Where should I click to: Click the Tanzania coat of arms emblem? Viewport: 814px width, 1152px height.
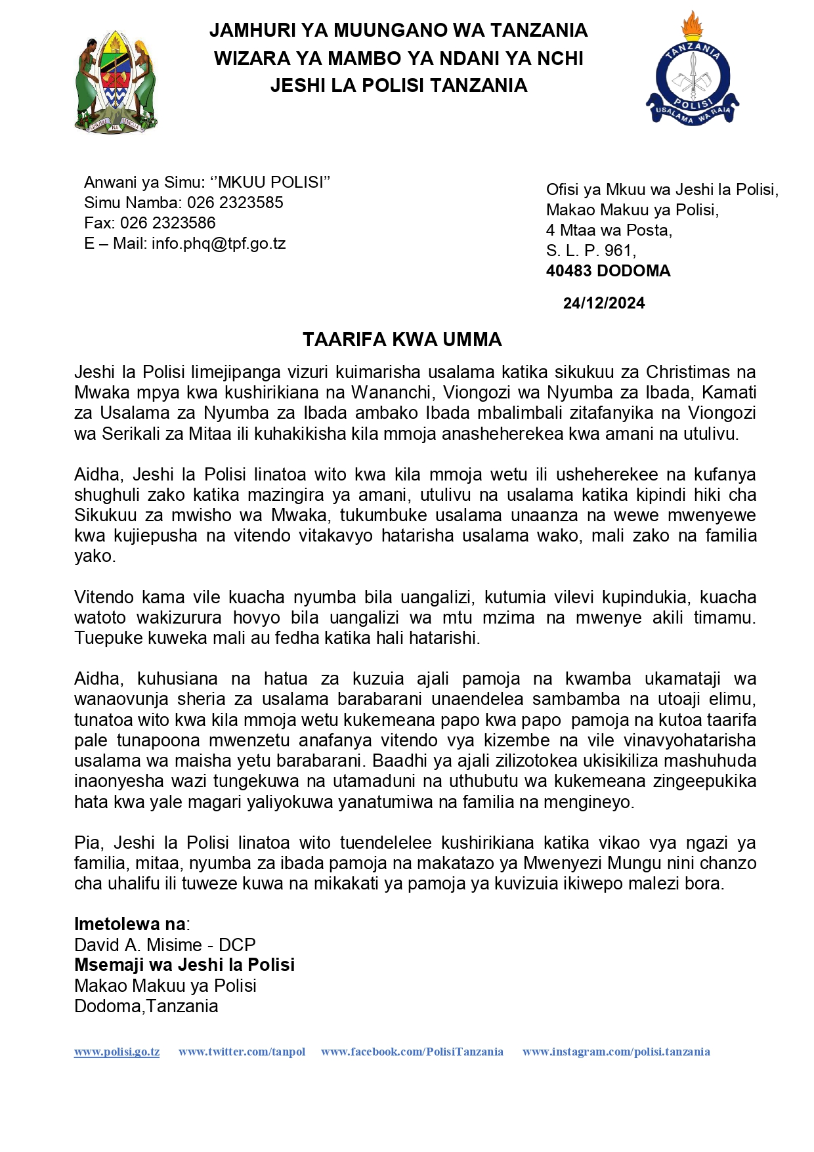pyautogui.click(x=116, y=81)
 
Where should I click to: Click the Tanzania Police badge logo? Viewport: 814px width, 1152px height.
pyautogui.click(x=693, y=72)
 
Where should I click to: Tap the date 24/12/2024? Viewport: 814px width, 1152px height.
pyautogui.click(x=603, y=303)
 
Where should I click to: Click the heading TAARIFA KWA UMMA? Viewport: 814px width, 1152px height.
pyautogui.click(x=402, y=339)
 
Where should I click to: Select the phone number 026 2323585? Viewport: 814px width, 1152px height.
pyautogui.click(x=235, y=202)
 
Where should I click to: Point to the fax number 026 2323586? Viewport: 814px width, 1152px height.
pyautogui.click(x=167, y=223)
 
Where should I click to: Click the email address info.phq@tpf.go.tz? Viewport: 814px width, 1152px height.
pyautogui.click(x=219, y=244)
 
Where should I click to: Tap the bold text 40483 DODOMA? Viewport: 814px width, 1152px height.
pyautogui.click(x=608, y=271)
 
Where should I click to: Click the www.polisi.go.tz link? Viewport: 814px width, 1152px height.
pyautogui.click(x=117, y=1052)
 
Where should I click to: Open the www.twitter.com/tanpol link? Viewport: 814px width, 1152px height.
pyautogui.click(x=242, y=1052)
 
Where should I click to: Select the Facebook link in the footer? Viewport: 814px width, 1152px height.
pyautogui.click(x=412, y=1052)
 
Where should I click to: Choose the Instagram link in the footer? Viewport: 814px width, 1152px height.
pyautogui.click(x=616, y=1052)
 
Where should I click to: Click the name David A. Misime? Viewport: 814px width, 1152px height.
pyautogui.click(x=138, y=945)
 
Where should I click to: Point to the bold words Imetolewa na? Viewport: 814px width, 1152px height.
pyautogui.click(x=130, y=924)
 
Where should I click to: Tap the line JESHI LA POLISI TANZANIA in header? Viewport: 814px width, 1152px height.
pyautogui.click(x=398, y=85)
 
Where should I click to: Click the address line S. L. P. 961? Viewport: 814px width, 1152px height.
pyautogui.click(x=591, y=251)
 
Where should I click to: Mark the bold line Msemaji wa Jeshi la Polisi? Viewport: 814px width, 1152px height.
pyautogui.click(x=184, y=965)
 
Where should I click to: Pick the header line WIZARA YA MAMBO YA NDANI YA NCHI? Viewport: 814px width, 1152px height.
pyautogui.click(x=398, y=58)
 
